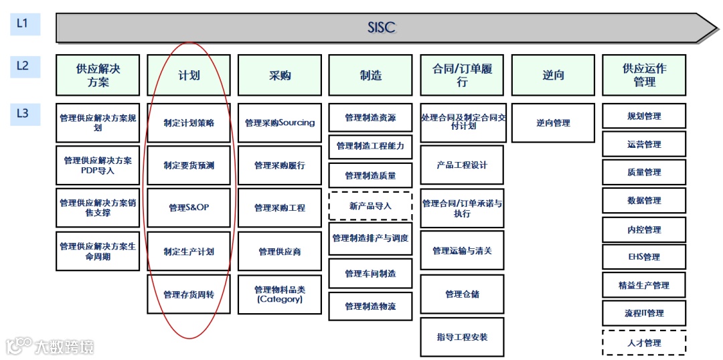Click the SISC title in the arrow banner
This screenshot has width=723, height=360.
click(382, 27)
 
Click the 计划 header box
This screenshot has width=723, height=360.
click(189, 75)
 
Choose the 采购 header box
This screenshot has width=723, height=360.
click(280, 75)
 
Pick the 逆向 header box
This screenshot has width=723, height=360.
click(553, 75)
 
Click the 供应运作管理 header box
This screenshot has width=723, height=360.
click(644, 75)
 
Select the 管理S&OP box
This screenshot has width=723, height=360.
click(189, 207)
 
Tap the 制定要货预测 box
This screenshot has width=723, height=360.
click(189, 165)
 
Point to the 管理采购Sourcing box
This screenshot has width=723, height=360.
click(280, 123)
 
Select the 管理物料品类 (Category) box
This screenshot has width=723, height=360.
click(280, 294)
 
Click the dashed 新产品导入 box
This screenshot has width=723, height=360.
click(370, 206)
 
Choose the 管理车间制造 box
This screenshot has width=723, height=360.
click(370, 273)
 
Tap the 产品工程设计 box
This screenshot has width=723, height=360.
click(462, 165)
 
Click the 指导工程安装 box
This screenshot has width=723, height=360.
click(462, 337)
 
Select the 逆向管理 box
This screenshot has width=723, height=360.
click(553, 123)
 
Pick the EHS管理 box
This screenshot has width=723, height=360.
click(644, 257)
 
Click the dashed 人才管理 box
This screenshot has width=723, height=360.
click(644, 343)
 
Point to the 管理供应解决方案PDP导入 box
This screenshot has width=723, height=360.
click(98, 165)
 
